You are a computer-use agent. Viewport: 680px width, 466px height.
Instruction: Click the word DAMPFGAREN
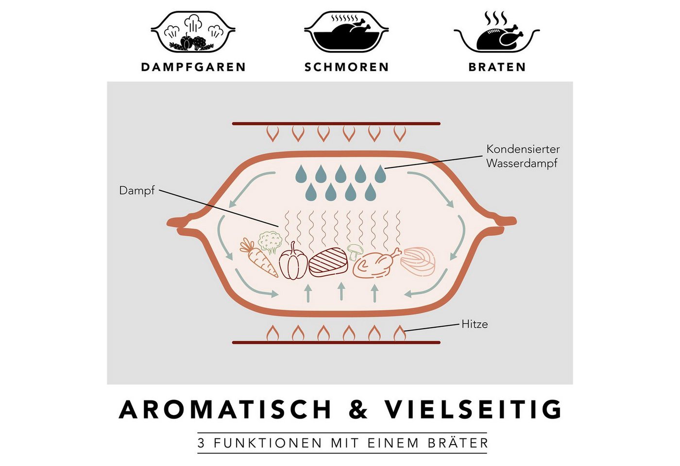click(193, 67)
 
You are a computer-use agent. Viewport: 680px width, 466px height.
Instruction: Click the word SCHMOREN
click(346, 67)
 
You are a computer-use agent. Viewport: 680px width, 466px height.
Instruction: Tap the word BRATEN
click(497, 67)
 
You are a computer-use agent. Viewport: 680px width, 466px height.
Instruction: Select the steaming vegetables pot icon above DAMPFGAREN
click(193, 32)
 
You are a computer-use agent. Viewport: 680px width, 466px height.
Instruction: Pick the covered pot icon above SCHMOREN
click(346, 32)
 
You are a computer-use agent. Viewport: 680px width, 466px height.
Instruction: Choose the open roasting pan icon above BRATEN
click(496, 32)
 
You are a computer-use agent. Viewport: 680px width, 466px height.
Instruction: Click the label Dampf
click(137, 191)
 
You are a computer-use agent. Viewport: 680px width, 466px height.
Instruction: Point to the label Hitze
click(475, 324)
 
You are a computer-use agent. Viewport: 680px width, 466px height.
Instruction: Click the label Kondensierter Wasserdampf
click(523, 156)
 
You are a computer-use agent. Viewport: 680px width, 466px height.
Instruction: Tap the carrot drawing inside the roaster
click(258, 257)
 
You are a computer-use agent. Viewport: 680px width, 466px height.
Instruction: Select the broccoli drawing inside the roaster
click(270, 242)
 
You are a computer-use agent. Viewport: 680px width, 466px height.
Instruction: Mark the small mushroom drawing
click(355, 252)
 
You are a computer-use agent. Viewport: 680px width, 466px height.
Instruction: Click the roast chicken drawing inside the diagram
click(376, 263)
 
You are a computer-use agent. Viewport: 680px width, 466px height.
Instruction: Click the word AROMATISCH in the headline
click(225, 410)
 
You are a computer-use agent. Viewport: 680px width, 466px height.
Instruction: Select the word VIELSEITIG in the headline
click(474, 410)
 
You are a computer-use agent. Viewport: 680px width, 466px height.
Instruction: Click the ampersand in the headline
click(358, 410)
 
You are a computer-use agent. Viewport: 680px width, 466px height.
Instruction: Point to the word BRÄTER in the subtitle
click(458, 442)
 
